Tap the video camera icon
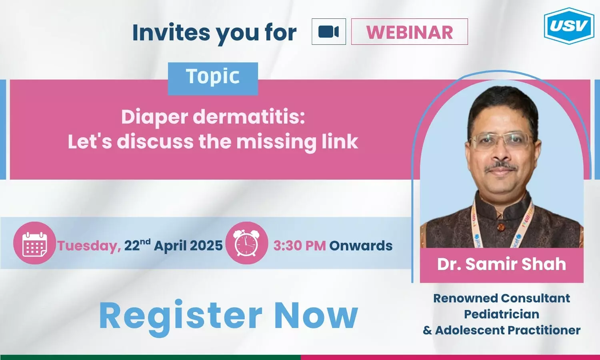point(329,32)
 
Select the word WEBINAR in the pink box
point(410,32)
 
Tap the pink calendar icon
point(34,243)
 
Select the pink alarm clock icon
point(247,243)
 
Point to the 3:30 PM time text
point(300,245)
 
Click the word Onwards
point(361,245)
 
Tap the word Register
point(180,316)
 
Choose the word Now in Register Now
point(316,315)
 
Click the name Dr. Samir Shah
point(502,264)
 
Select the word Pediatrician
point(502,314)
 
